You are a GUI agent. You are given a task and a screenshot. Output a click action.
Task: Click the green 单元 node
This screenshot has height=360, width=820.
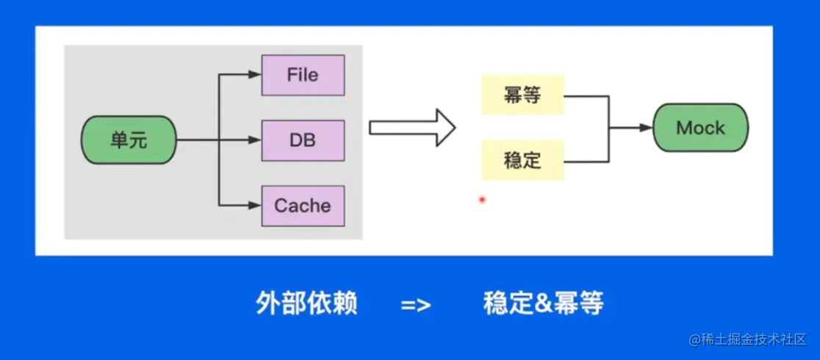point(129,140)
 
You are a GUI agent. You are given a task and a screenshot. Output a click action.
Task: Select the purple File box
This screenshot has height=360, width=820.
point(303,75)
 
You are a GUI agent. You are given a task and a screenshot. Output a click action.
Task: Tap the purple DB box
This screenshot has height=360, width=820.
point(303,140)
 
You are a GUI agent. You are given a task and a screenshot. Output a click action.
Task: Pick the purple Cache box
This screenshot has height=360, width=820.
point(303,206)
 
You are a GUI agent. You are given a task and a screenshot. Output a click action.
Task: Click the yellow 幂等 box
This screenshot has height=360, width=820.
point(522,96)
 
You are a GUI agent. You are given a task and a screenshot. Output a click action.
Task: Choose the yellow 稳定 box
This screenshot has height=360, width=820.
point(522,160)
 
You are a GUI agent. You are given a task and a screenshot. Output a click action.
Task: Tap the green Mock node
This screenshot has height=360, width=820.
point(701,128)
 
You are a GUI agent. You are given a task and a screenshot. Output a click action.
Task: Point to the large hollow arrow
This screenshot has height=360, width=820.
point(412,128)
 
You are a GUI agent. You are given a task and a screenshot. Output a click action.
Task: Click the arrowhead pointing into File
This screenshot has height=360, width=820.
point(255,75)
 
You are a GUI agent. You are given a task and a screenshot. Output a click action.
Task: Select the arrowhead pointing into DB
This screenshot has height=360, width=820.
point(255,140)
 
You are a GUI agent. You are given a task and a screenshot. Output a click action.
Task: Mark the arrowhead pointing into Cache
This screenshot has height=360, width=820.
point(255,206)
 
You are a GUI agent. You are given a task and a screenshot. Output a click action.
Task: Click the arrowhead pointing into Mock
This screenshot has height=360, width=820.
point(647,128)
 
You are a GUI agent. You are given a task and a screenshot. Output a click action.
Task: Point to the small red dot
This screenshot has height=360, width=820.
point(482,199)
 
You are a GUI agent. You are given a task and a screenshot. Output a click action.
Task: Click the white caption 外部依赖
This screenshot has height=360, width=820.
point(306,303)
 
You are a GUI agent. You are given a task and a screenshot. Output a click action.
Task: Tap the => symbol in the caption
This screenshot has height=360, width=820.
point(416,305)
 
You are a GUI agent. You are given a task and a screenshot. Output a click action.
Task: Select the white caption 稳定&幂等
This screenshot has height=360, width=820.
point(543,303)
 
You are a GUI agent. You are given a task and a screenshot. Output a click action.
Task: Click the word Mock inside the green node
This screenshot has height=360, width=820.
point(701,128)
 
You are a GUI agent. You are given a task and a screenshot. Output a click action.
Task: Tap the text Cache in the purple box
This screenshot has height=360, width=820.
point(303,206)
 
